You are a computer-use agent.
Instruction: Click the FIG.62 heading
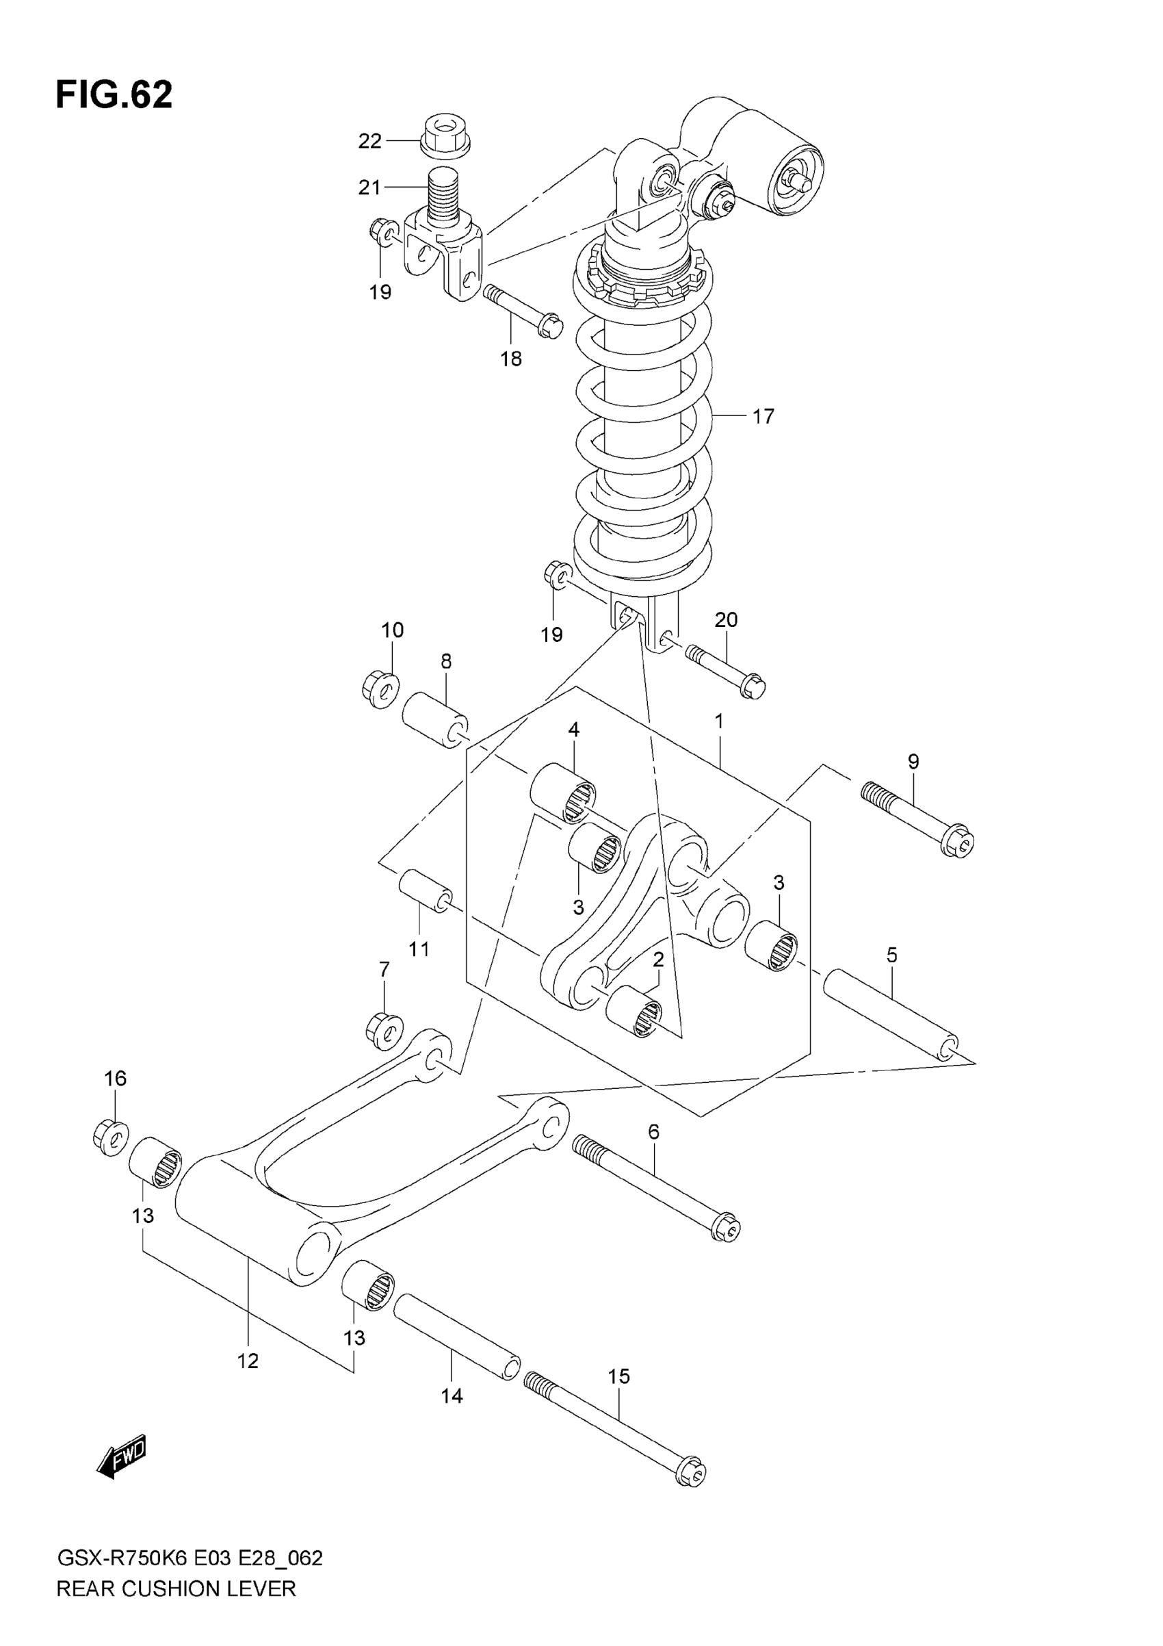pos(114,94)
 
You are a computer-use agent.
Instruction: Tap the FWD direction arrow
pos(122,1456)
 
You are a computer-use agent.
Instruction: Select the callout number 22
pos(369,141)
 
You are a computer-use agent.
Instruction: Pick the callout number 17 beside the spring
pos(763,416)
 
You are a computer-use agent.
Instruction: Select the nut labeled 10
pos(380,691)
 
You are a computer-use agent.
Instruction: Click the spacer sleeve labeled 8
pos(435,720)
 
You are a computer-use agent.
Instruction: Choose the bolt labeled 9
pos(918,818)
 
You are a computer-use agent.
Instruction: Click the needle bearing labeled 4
pos(562,792)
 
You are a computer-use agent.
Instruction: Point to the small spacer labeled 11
pos(426,891)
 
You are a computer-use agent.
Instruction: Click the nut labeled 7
pos(383,1029)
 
